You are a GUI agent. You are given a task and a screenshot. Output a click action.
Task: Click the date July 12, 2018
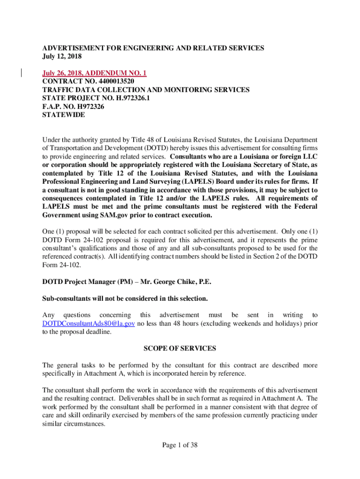[x=62, y=57]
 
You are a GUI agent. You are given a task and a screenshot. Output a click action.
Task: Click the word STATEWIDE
[x=64, y=115]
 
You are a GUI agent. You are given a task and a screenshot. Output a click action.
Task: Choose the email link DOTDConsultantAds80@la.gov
[x=88, y=324]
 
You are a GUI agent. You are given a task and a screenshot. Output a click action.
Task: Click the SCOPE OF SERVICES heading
[x=180, y=348]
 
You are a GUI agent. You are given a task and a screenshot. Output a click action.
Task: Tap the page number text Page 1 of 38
[x=180, y=445]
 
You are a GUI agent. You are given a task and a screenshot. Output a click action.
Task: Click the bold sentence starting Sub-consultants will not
[x=125, y=298]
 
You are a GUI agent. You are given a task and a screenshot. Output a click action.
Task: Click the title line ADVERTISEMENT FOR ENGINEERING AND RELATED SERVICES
[x=153, y=48]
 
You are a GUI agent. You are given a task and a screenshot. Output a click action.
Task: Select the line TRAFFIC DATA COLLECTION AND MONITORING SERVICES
[x=146, y=90]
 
